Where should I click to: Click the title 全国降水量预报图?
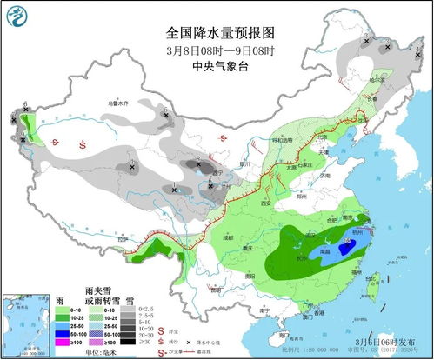click(x=220, y=31)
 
